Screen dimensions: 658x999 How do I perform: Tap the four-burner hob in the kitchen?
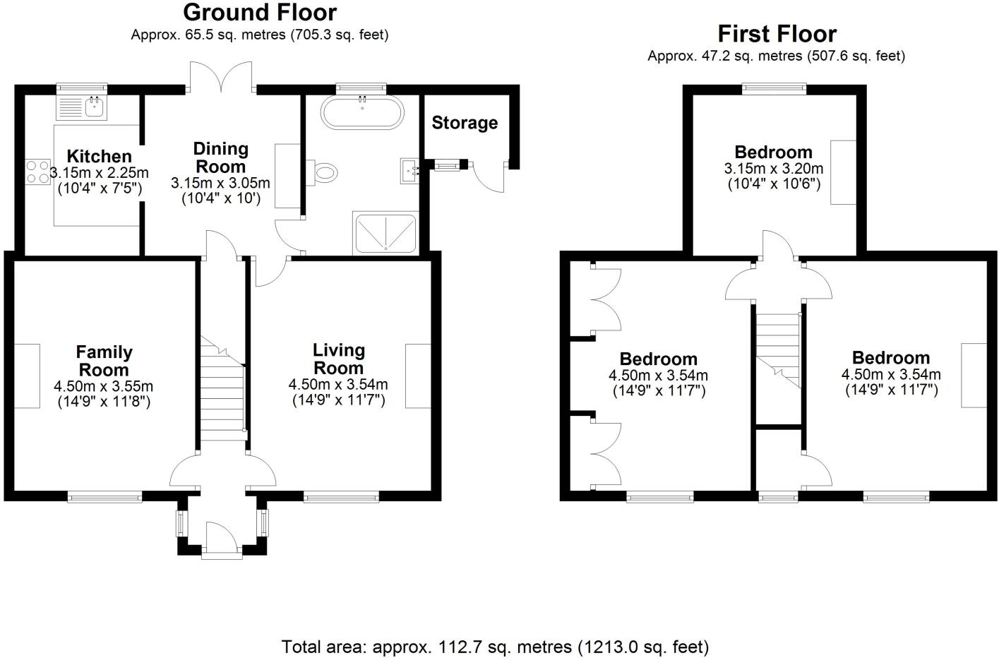(37, 172)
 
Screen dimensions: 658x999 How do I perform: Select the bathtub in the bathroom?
(362, 112)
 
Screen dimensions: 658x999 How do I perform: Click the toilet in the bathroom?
(325, 171)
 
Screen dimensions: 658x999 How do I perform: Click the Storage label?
(465, 123)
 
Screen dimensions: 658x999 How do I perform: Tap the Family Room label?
(104, 361)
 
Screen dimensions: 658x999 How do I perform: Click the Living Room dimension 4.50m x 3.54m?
(337, 385)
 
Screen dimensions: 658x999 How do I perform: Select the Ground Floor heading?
(260, 12)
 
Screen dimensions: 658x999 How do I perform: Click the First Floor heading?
(777, 33)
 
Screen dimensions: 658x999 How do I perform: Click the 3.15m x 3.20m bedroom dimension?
(773, 169)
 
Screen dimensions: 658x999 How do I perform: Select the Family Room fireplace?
(27, 376)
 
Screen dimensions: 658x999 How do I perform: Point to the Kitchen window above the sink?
(81, 88)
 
